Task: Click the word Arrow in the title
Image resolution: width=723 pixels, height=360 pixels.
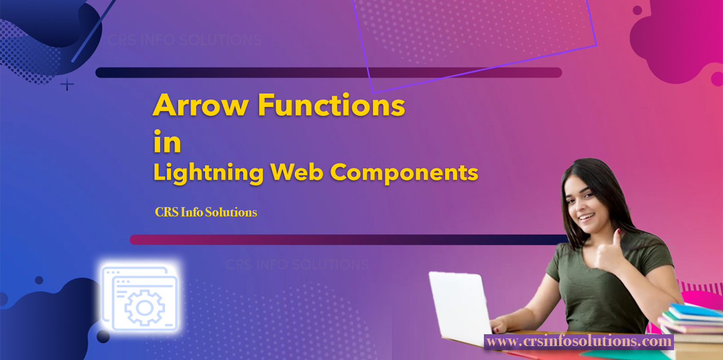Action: [201, 105]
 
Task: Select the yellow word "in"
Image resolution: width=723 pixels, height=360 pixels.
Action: [167, 142]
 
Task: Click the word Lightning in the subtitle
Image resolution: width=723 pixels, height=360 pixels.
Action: [208, 173]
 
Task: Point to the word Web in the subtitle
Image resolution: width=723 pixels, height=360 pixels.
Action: [297, 172]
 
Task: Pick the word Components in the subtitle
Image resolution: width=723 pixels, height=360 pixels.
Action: [404, 173]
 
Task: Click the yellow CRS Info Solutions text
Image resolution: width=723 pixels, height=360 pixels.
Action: [206, 212]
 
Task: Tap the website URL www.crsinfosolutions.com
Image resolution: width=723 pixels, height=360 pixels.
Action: [579, 341]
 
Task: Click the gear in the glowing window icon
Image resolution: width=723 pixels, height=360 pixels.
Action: [145, 308]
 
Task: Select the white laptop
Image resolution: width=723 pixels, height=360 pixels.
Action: [460, 307]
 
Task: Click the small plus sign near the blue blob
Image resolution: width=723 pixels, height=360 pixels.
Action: [67, 85]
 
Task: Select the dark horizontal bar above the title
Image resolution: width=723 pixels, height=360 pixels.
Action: [328, 73]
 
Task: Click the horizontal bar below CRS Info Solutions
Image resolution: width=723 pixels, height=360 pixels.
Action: [349, 240]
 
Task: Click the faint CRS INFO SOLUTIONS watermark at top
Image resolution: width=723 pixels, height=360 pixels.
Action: [185, 40]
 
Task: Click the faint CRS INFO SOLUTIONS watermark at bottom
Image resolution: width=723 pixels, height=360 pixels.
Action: [297, 265]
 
